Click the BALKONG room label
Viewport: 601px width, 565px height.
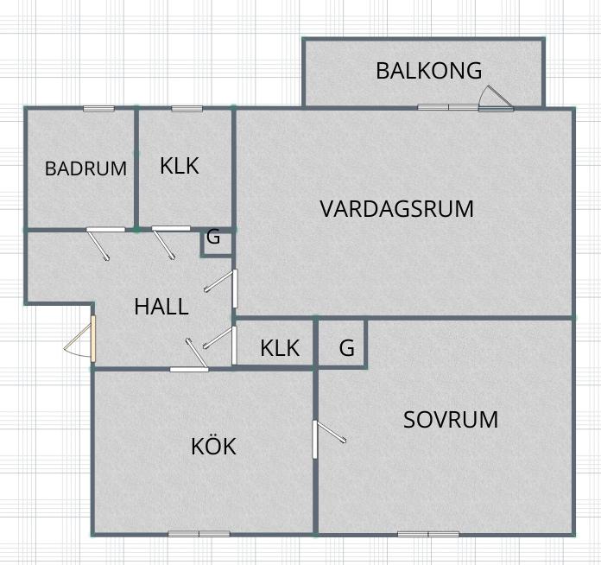(428, 71)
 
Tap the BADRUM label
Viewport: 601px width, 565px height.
(85, 168)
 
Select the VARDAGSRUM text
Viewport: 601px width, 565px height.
(396, 209)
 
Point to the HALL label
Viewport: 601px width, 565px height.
(161, 307)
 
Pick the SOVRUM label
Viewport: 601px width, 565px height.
(451, 420)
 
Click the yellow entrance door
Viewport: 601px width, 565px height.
(93, 339)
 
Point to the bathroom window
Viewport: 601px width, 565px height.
(99, 109)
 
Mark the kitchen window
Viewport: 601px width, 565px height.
(199, 534)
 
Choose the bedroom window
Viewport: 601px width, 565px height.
(428, 534)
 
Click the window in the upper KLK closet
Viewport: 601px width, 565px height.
(187, 109)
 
